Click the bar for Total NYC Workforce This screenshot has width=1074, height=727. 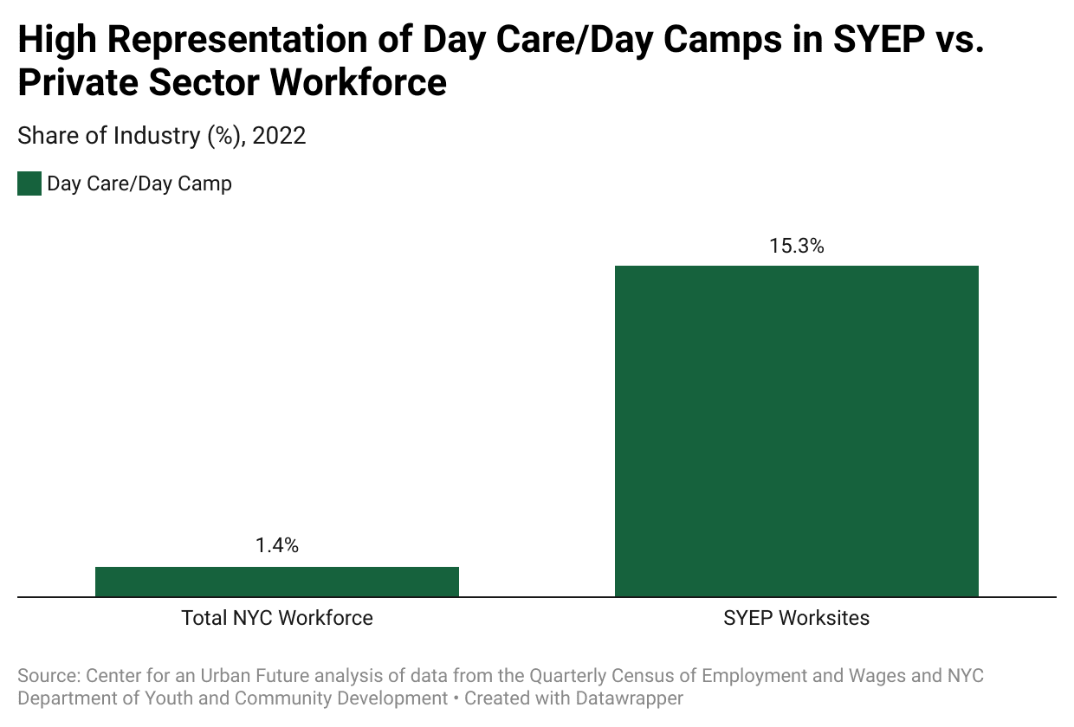pos(276,582)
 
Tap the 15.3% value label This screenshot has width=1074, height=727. pos(796,246)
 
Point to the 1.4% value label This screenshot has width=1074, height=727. pos(276,545)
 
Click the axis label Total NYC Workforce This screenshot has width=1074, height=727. pos(276,618)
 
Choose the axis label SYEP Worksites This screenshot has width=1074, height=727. pos(796,618)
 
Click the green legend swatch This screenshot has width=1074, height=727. pos(29,183)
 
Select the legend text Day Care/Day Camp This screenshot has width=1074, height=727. pos(139,183)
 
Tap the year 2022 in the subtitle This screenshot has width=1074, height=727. pos(279,136)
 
